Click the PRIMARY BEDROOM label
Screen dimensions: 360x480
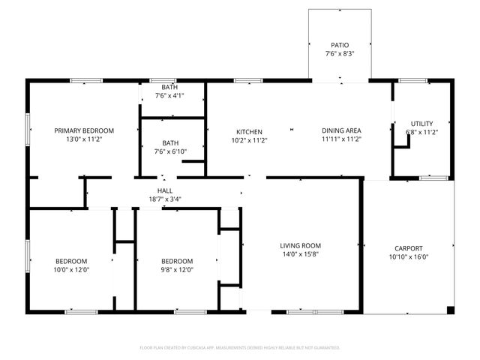coord(84,130)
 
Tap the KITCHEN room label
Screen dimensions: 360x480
coord(249,130)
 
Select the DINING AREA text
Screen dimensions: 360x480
coord(342,130)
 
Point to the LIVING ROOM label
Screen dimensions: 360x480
coord(300,245)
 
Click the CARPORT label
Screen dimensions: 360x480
coord(409,248)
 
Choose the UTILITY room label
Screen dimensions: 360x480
coord(421,123)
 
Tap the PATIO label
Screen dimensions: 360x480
coord(340,45)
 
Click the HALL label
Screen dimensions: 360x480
coord(165,190)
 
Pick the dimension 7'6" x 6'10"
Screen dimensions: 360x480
coord(171,151)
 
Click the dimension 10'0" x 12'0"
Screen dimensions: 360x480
coord(71,269)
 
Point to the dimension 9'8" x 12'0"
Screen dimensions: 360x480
coord(177,269)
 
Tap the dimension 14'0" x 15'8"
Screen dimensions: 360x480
coord(300,254)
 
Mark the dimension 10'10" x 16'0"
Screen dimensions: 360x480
coord(409,257)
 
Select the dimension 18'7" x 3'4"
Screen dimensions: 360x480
coord(165,199)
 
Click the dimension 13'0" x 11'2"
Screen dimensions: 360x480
coord(84,139)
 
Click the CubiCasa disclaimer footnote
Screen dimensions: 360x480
coord(240,348)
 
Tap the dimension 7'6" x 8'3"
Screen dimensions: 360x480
coord(340,54)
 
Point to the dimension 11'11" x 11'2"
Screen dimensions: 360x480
coord(342,139)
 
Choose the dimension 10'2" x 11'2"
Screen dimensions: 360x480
coord(249,139)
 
